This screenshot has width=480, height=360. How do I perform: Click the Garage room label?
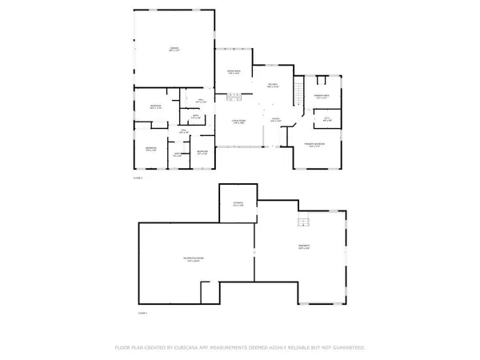[x=174, y=50]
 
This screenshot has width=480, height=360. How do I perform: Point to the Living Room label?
[x=238, y=121]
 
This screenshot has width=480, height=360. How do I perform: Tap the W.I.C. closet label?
[x=326, y=118]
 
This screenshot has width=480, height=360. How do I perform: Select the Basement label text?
[x=305, y=246]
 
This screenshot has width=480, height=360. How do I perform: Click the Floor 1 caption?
[x=137, y=178]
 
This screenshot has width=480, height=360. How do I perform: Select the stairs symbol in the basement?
[x=303, y=222]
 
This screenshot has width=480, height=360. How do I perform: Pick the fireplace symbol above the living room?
[x=234, y=98]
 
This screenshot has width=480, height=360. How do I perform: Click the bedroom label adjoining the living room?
[x=202, y=151]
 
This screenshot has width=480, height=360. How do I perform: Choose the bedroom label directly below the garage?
[x=155, y=107]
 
